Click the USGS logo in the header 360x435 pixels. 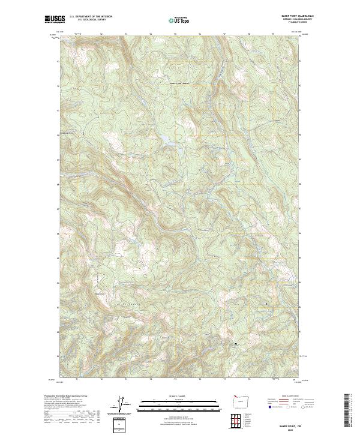pos(55,19)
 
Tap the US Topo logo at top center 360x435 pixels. pos(180,20)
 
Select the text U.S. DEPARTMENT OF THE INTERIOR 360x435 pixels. pos(91,17)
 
